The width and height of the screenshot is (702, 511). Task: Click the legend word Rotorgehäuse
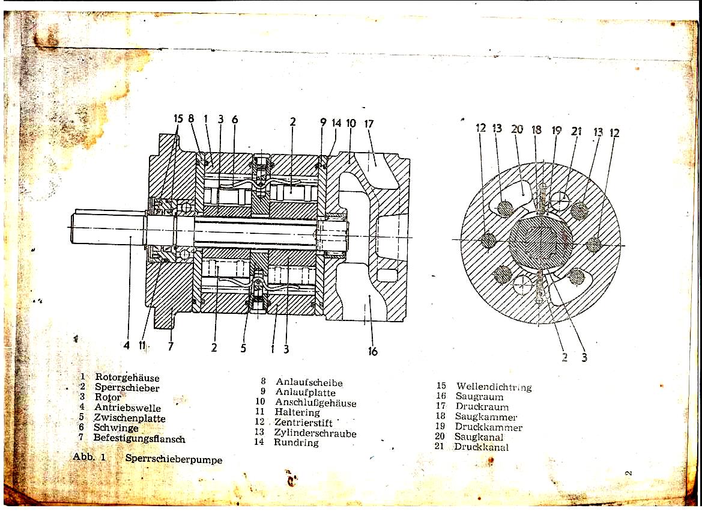127,378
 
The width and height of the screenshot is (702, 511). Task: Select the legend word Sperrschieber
127,388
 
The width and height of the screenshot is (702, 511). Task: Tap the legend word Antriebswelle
127,408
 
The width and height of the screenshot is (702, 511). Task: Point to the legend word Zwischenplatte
129,418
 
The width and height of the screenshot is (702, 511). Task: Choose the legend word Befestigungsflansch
139,438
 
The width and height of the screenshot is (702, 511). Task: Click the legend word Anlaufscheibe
309,382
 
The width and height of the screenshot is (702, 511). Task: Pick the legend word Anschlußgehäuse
315,402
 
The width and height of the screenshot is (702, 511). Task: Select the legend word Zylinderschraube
315,433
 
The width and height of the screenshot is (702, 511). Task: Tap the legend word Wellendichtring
494,387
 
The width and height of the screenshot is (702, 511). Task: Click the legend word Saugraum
479,397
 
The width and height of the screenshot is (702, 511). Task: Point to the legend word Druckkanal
481,447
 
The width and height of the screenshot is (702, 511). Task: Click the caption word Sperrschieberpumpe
174,459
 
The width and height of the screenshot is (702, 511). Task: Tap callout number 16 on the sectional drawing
373,351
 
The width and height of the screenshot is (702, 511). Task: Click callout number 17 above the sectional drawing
369,124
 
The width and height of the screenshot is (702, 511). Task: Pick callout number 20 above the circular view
517,129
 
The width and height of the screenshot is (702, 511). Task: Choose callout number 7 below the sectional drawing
171,346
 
